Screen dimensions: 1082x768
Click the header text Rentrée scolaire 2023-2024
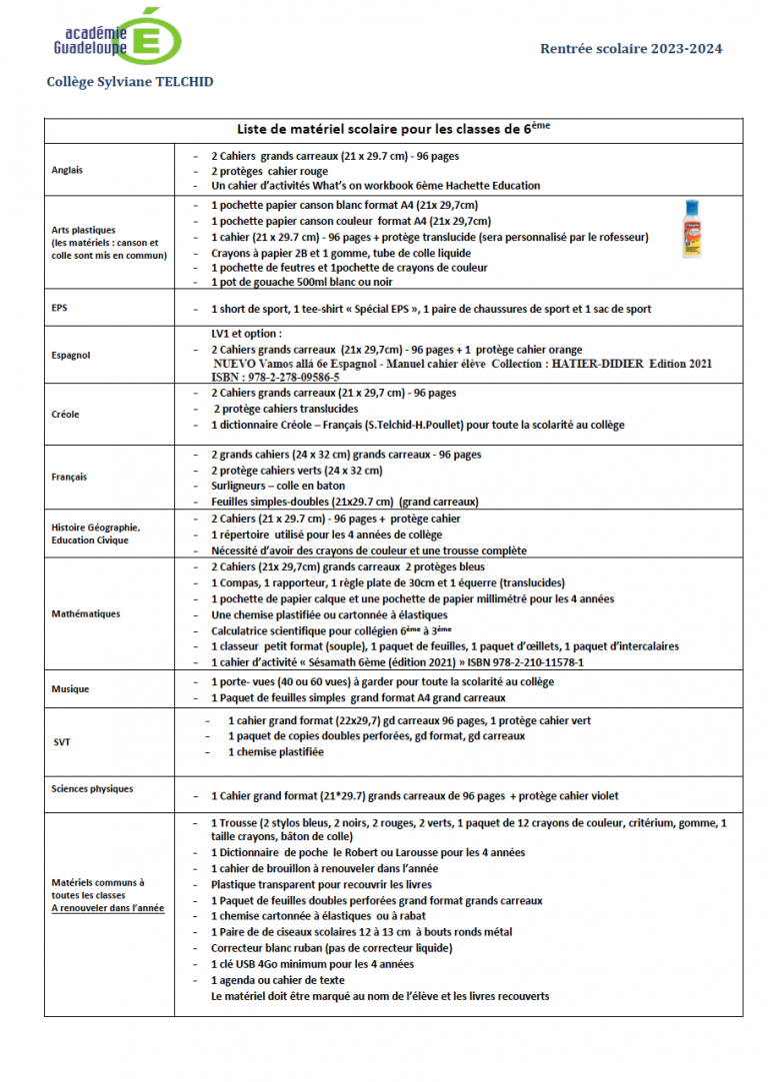point(631,49)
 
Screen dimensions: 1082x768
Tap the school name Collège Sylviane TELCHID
point(130,82)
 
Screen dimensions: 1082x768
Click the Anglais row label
point(67,170)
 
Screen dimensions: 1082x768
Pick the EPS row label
point(60,308)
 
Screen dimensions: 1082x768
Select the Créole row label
point(65,414)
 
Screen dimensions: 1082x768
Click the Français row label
point(69,477)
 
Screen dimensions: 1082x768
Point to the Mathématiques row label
point(85,613)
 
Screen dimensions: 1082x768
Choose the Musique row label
point(70,688)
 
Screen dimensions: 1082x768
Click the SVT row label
point(61,741)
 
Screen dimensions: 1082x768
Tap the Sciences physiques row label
point(91,788)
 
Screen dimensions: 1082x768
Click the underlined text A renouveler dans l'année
point(108,908)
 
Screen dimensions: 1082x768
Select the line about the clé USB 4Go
point(312,964)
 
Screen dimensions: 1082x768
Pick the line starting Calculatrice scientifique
point(331,630)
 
